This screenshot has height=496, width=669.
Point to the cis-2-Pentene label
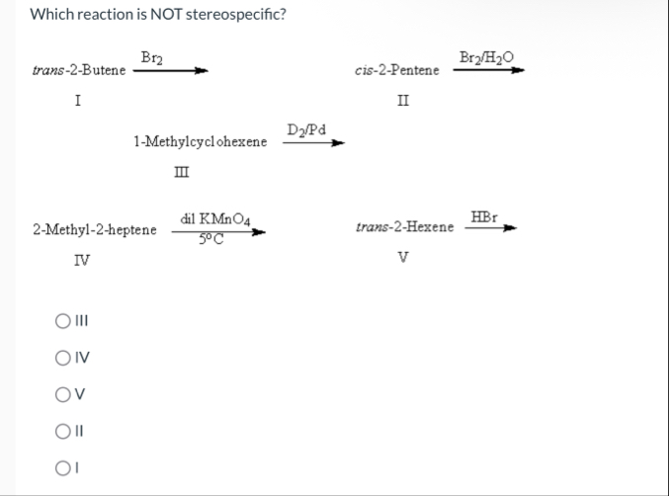[396, 71]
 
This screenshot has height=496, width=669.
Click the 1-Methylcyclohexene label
[200, 142]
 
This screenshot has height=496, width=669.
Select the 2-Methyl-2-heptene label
[95, 230]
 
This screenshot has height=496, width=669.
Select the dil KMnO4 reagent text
[209, 218]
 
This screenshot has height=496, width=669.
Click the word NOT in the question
[158, 16]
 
